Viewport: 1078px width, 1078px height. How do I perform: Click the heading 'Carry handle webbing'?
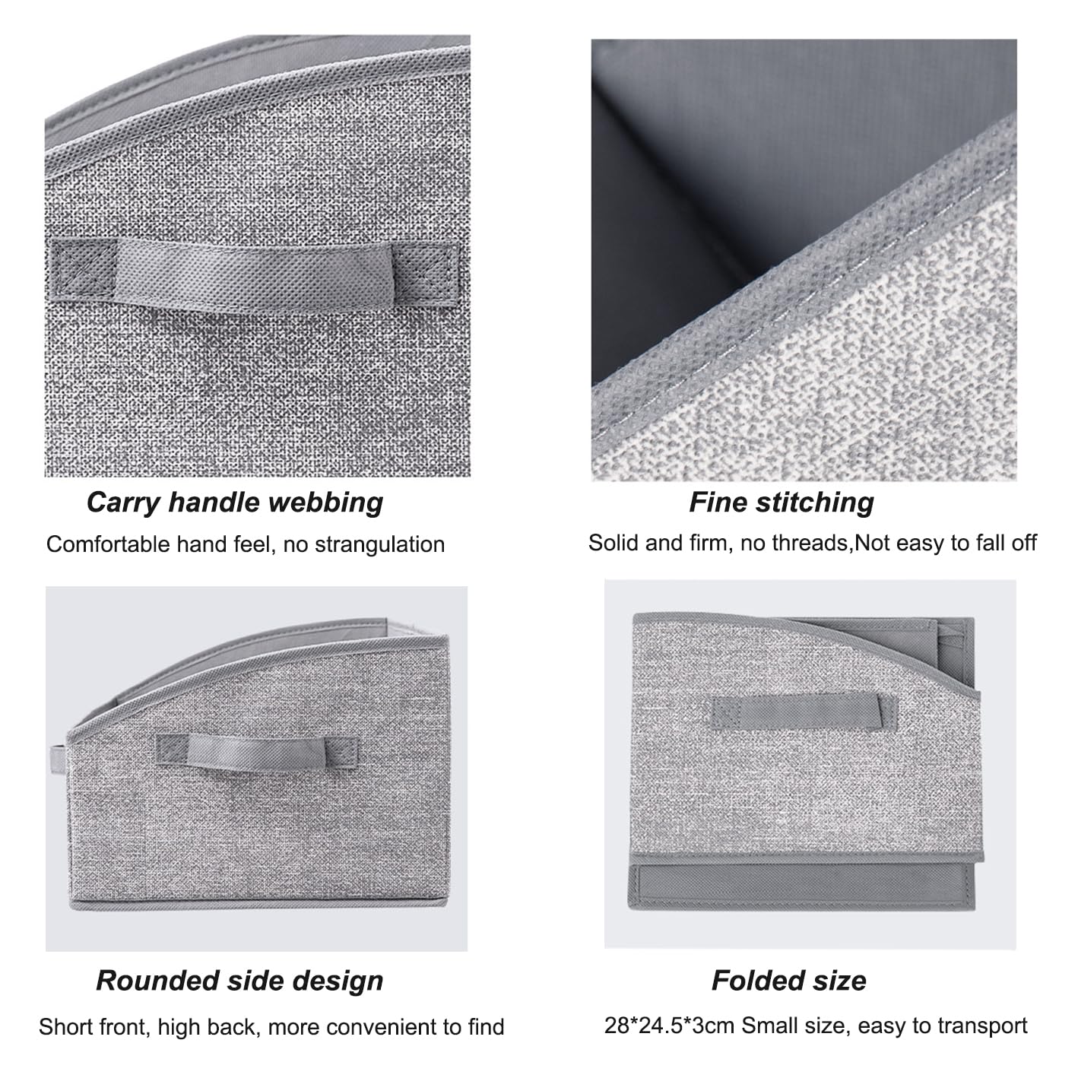(x=234, y=503)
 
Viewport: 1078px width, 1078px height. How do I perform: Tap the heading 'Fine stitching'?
(x=782, y=503)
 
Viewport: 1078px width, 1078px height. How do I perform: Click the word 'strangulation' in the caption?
(x=380, y=544)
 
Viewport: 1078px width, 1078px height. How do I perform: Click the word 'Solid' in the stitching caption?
(x=614, y=543)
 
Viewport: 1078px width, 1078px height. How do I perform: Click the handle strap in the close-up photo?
(x=255, y=274)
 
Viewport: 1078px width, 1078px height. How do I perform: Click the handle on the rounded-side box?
(x=256, y=752)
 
